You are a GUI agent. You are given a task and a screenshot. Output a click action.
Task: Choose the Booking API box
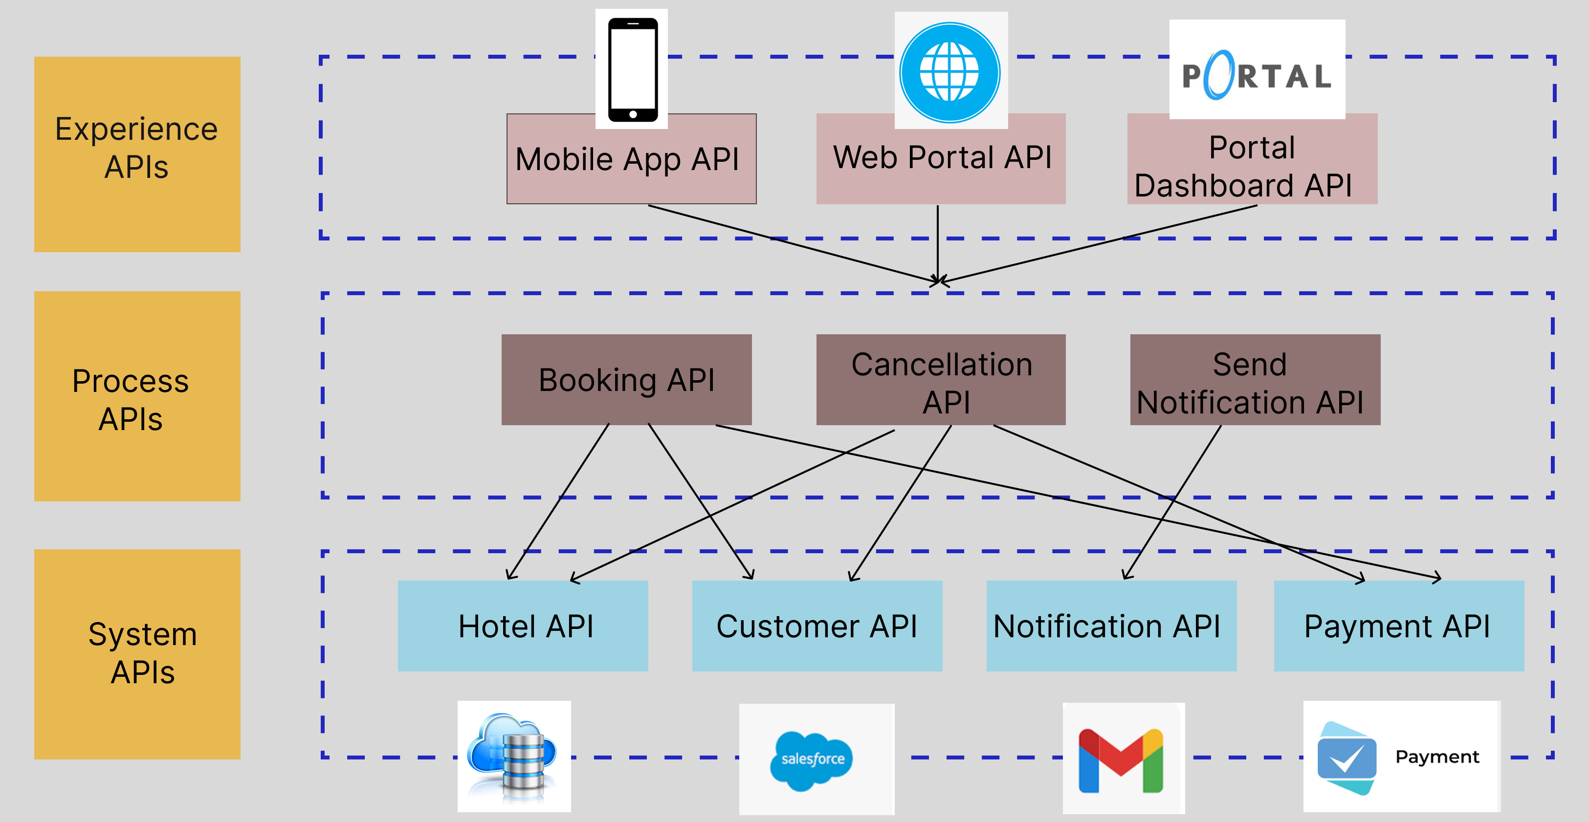tap(626, 379)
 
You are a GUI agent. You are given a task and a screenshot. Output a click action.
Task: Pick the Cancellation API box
tap(941, 380)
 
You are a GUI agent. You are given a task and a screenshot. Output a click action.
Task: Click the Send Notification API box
tap(1255, 380)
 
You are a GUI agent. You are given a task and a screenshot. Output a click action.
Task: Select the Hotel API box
tap(523, 626)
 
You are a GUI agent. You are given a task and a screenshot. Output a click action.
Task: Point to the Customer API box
tap(817, 626)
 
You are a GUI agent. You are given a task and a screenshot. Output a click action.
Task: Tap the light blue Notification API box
tap(1111, 626)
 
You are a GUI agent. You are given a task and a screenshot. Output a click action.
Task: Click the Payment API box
tap(1398, 626)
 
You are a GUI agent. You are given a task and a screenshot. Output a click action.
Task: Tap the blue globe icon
tap(950, 72)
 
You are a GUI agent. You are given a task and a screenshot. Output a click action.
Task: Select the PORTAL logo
tap(1257, 74)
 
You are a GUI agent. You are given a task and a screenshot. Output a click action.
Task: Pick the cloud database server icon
tap(514, 757)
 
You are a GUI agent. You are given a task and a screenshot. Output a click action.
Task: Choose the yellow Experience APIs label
tap(137, 154)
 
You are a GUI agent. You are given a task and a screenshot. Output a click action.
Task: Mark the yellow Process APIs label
tap(137, 396)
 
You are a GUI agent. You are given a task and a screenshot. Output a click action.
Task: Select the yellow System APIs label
tap(137, 654)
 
